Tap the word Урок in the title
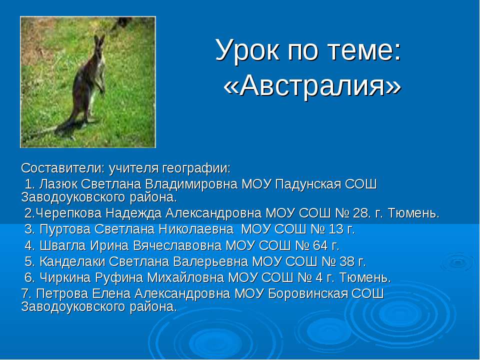tap(247, 50)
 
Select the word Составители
tap(60, 168)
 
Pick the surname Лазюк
tap(59, 184)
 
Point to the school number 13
tap(336, 229)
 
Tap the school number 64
tap(321, 245)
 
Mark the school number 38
tap(347, 261)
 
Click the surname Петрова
tap(62, 294)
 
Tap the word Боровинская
tap(308, 294)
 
